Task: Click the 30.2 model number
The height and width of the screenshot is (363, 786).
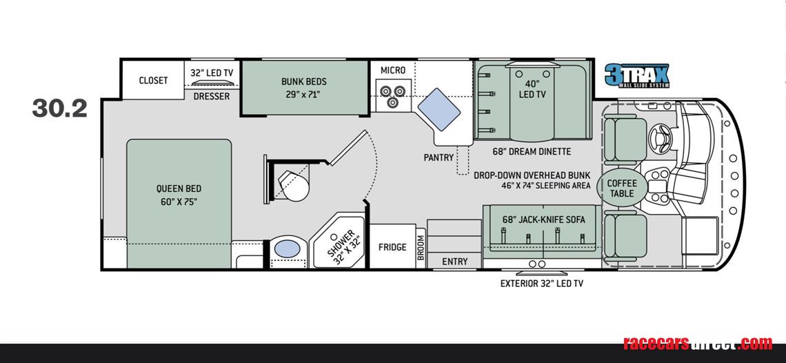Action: click(x=59, y=108)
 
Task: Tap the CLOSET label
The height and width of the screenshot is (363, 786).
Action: click(x=153, y=81)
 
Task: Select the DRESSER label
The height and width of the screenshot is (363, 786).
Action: click(x=212, y=97)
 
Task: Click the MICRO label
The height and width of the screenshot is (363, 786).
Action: click(x=393, y=70)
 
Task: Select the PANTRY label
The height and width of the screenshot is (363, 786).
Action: click(x=439, y=157)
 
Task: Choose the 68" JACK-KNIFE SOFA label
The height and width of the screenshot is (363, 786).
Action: click(x=543, y=219)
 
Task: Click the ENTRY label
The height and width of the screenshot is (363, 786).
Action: click(x=454, y=262)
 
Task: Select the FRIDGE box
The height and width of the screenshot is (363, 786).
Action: click(x=392, y=247)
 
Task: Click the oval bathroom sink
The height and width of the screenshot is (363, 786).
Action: click(x=288, y=248)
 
